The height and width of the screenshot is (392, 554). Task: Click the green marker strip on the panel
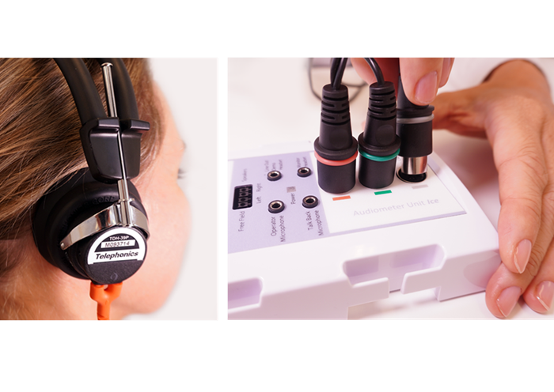click(383, 192)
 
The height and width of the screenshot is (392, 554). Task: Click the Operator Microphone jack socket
click(276, 206)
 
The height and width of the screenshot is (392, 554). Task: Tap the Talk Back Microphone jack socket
click(309, 202)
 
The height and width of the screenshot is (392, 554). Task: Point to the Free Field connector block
click(242, 197)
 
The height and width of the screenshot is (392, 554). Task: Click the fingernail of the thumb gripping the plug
click(426, 87)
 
